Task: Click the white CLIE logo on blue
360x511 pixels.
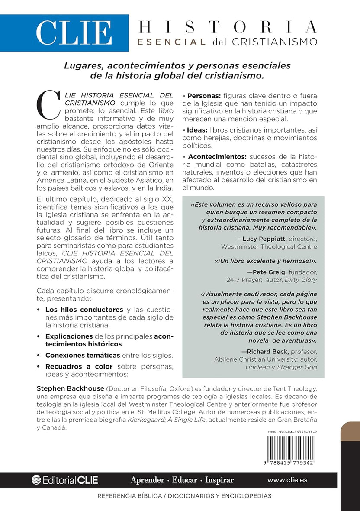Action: point(73,33)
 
